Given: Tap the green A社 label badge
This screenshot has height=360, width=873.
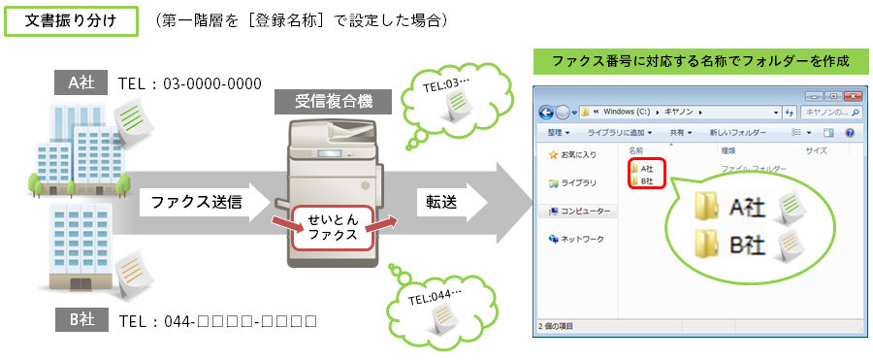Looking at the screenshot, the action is (81, 82).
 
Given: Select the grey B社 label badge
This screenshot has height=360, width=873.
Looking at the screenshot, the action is (81, 319).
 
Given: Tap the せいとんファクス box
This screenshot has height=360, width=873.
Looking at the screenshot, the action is (333, 227).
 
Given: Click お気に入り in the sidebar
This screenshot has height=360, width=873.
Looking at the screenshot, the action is (575, 155).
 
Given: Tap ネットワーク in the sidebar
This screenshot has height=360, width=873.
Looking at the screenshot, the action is (579, 239).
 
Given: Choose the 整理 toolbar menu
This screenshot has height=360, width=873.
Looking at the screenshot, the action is (559, 132).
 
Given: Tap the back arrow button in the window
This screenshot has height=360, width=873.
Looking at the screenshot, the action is (548, 112).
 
